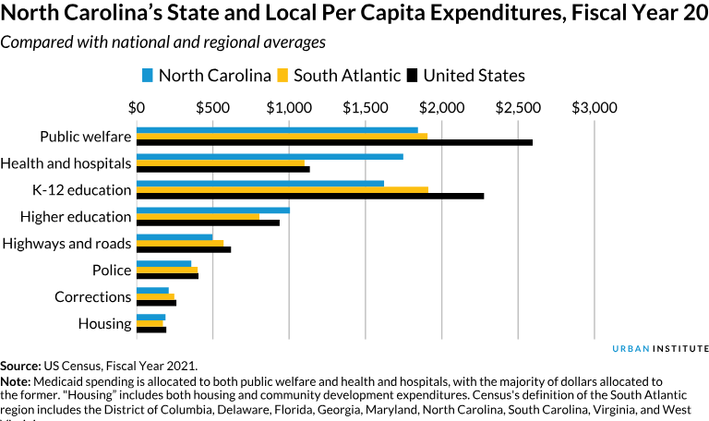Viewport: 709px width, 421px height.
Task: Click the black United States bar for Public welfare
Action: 334,142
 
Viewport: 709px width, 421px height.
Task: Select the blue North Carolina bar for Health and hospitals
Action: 270,156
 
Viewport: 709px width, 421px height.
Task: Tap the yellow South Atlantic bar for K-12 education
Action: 282,189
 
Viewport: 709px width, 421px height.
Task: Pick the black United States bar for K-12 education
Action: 310,196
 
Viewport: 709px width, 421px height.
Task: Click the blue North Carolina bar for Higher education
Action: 213,210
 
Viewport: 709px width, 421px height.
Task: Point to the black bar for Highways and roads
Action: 184,249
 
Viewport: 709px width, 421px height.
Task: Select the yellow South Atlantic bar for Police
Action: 167,270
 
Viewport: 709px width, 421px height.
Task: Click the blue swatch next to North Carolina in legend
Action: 148,75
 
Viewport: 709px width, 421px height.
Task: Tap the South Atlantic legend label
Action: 347,76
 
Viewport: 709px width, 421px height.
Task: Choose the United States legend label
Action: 475,76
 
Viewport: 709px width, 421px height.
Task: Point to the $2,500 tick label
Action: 518,108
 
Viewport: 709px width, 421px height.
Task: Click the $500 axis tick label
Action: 212,108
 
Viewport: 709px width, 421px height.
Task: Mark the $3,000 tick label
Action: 595,108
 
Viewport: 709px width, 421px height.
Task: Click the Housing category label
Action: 104,324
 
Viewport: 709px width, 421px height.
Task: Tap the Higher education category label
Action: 76,217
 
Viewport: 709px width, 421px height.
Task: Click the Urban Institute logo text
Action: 661,348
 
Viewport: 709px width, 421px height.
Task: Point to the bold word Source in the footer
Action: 19,367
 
